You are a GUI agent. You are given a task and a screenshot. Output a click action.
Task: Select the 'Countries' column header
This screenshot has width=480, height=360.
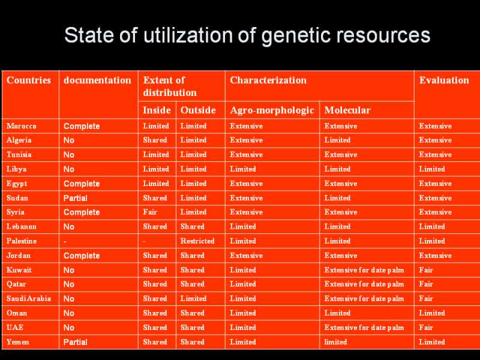[x=29, y=80]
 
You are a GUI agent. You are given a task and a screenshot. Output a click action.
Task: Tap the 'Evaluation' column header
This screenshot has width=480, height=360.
[x=444, y=80]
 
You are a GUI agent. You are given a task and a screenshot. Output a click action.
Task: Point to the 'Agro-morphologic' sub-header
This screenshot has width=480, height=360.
[x=272, y=110]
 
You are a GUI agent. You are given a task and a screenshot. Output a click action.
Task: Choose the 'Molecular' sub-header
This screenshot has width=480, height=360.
[x=347, y=110]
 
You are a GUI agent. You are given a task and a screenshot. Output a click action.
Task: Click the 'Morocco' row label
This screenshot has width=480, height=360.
[x=22, y=126]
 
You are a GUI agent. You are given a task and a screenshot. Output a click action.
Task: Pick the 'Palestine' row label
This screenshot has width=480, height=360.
[x=22, y=241]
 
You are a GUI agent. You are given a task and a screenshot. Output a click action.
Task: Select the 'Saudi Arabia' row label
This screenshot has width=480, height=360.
[x=29, y=299]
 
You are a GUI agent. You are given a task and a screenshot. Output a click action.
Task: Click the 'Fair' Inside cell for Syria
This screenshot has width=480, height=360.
[x=151, y=212]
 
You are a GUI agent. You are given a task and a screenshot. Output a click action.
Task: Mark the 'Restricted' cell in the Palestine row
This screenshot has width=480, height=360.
[x=197, y=241]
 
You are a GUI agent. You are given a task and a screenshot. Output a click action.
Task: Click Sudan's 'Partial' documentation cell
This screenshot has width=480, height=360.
[x=76, y=198]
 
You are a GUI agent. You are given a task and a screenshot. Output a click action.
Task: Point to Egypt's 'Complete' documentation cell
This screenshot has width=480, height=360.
[x=82, y=184]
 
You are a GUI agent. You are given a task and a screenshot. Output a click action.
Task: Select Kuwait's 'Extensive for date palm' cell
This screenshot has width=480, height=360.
[x=364, y=270]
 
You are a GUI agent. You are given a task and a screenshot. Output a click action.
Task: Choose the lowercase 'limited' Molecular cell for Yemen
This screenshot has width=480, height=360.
[x=335, y=342]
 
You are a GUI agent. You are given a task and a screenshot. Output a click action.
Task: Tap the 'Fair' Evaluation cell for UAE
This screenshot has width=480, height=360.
[x=426, y=328]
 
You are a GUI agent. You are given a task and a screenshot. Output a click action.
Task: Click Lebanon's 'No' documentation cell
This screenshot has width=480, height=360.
[x=69, y=227]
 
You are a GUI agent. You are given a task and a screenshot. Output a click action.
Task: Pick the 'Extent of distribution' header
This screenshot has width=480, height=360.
[x=170, y=86]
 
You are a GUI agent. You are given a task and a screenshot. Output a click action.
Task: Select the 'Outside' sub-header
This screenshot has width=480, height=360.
[x=198, y=110]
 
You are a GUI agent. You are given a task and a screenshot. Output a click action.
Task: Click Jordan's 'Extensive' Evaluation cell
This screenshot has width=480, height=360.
[x=435, y=256]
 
